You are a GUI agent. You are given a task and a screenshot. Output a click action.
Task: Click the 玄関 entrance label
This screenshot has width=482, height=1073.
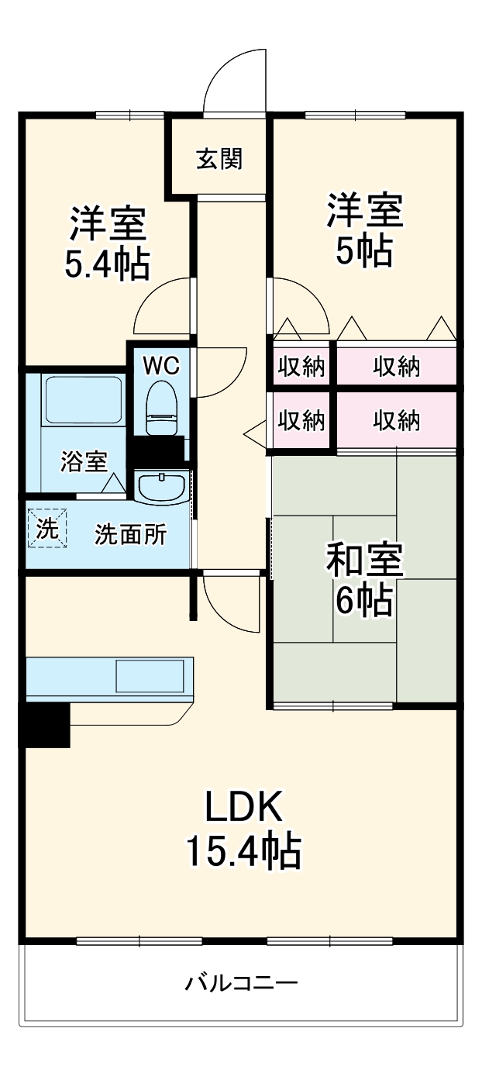219,159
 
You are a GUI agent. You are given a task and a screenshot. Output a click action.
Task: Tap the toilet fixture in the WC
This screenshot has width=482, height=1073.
162,406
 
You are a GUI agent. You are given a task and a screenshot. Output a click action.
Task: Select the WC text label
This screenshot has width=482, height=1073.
161,364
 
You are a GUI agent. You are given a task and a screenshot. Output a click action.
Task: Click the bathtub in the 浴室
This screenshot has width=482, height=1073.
82,400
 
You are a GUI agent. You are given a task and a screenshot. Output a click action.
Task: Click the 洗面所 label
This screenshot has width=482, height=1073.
130,534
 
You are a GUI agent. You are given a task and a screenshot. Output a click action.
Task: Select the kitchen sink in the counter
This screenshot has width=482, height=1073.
150,676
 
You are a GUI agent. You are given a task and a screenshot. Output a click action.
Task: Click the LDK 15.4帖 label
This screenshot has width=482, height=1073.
242,830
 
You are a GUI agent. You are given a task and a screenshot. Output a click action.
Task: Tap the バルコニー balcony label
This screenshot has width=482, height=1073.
241,984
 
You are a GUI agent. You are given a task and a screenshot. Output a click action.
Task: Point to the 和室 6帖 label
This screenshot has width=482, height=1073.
364,579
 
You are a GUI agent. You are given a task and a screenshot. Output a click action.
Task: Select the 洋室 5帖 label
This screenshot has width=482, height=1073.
364,230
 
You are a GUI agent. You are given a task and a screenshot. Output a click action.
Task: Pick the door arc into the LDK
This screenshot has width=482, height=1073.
229,602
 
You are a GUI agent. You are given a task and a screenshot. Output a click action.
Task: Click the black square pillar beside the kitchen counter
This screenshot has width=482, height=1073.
44,725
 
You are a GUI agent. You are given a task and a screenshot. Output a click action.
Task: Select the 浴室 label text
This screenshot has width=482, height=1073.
84,462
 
